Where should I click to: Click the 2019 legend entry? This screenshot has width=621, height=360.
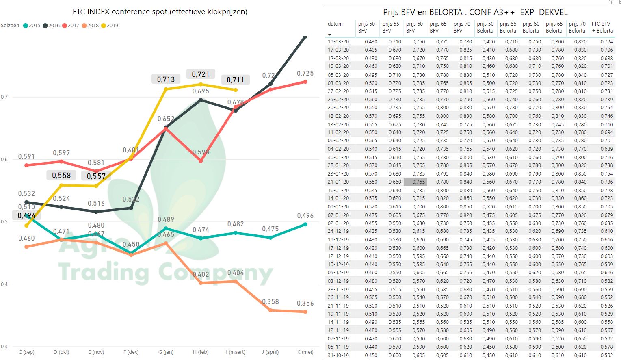coord(110,25)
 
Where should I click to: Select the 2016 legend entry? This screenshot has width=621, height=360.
coord(51,25)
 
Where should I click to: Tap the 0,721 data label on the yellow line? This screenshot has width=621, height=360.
coord(201,74)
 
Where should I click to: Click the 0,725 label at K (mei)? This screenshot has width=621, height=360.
coord(305,74)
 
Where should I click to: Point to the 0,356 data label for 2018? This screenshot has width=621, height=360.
coord(305,304)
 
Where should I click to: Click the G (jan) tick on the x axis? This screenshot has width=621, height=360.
coord(166,352)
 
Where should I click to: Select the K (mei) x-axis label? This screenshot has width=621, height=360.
coord(305,352)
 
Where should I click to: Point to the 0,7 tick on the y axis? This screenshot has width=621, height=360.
coord(4,97)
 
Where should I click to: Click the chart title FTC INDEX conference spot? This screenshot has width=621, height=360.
coord(160,12)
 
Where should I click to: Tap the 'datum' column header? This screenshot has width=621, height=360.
coord(335,24)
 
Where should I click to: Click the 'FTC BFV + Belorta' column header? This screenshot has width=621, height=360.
coord(602,27)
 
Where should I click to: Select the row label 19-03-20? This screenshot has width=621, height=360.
coord(338,41)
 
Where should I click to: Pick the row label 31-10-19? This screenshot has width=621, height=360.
coord(338,355)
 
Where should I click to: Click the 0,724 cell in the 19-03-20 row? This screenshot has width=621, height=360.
coord(606,41)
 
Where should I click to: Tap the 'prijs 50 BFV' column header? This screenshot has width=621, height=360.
coord(366,27)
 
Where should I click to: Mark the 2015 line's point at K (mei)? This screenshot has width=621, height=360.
coord(305,224)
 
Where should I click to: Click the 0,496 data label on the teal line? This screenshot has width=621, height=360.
coord(305,216)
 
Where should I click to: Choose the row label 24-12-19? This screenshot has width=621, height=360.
coord(338,231)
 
